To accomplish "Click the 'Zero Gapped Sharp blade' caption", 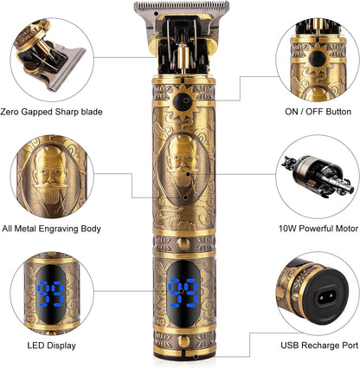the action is pos(51,112).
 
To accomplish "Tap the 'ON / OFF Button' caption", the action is pos(318,112).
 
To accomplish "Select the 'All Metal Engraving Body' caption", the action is pos(51,229).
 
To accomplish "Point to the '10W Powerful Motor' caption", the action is pos(318,229).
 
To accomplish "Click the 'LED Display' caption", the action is pos(51,346).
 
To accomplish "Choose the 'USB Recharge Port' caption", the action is pos(319,346).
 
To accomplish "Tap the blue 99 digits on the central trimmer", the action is pos(183,293).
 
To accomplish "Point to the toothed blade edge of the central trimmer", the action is pos(182,6).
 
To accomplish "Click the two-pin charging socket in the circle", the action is pos(327,295).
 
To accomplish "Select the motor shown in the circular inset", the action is pos(318,176).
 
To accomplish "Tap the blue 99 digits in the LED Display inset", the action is pos(51,294).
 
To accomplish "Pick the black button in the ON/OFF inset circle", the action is pos(318,59).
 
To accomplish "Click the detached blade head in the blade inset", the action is pos(62,68).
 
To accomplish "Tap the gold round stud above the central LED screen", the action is pos(183,244).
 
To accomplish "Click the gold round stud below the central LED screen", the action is pos(183,341).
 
